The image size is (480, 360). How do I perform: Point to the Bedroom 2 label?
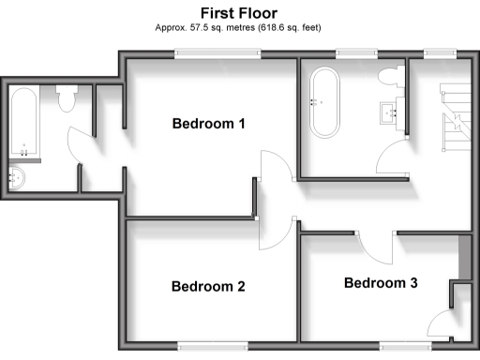point(208,287)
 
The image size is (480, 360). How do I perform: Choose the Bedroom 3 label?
point(381,282)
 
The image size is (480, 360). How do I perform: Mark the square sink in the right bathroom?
point(392,113)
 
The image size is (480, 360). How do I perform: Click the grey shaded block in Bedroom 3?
point(463,257)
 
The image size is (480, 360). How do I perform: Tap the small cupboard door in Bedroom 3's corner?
point(441,322)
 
